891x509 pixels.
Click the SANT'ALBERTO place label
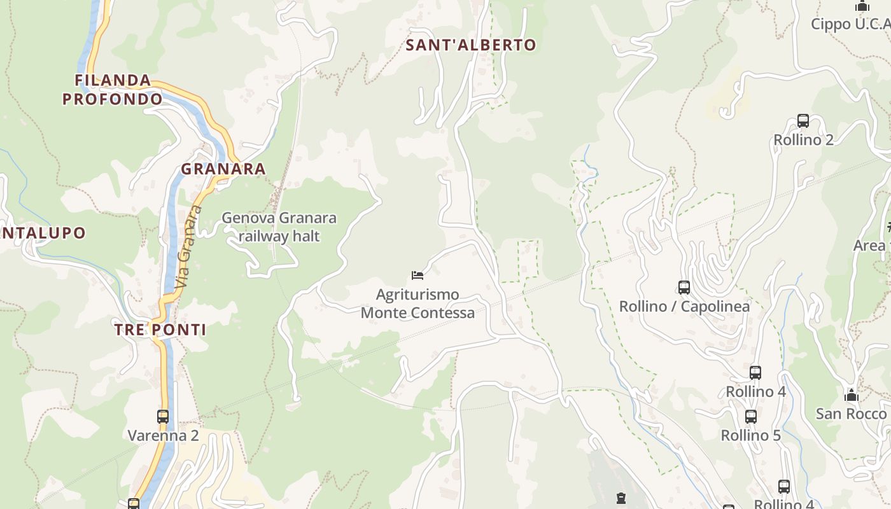coord(471,45)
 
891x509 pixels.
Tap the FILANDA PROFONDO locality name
coord(113,90)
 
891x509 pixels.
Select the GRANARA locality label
coord(223,169)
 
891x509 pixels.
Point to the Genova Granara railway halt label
coord(279,227)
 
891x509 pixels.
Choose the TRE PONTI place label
coord(160,330)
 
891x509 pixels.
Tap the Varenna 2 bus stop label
coord(164,436)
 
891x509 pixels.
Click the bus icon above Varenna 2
coord(163,417)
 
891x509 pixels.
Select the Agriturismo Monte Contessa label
coord(417,303)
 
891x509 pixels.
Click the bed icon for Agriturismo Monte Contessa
coord(417,275)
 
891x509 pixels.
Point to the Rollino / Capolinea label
coord(684,307)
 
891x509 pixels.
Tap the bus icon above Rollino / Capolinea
coord(684,288)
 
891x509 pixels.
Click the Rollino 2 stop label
coord(803,140)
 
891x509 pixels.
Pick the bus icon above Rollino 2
coord(803,121)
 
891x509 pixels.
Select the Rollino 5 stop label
coord(750,436)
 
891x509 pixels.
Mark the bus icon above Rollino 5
coord(751,417)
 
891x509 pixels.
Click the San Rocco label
coord(851,414)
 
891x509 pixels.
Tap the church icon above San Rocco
coord(852,395)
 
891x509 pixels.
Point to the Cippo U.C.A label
coord(850,24)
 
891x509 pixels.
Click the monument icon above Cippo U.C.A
coord(862,6)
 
